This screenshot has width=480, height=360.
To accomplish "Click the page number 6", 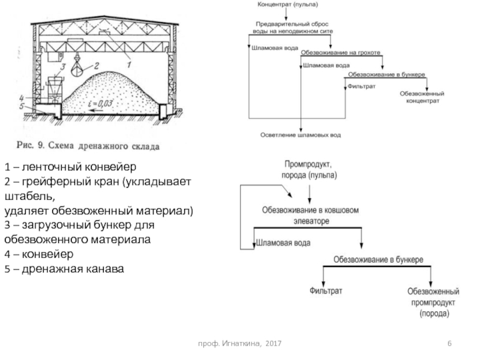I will (x=449, y=343).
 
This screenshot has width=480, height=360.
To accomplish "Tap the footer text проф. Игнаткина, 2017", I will (x=241, y=343).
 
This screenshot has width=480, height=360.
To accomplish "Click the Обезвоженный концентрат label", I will (x=422, y=98).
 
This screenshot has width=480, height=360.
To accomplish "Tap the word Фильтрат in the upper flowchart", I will (x=361, y=86).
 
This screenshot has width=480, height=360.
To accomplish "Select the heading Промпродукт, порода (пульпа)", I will (x=309, y=169).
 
